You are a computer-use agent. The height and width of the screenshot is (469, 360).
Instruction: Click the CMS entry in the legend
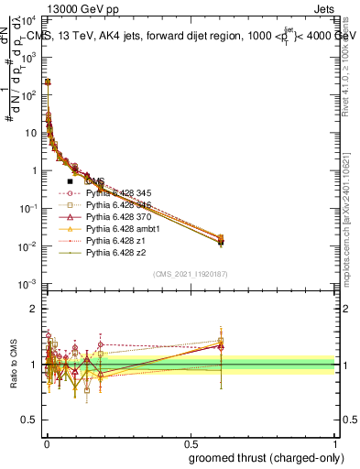tap(94, 181)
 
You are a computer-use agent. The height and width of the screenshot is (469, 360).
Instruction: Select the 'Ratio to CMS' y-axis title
tap(13, 366)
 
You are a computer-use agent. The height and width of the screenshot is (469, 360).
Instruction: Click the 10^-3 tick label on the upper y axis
tap(27, 285)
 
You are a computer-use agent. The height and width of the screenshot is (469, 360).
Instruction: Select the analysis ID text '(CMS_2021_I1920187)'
tap(190, 273)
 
